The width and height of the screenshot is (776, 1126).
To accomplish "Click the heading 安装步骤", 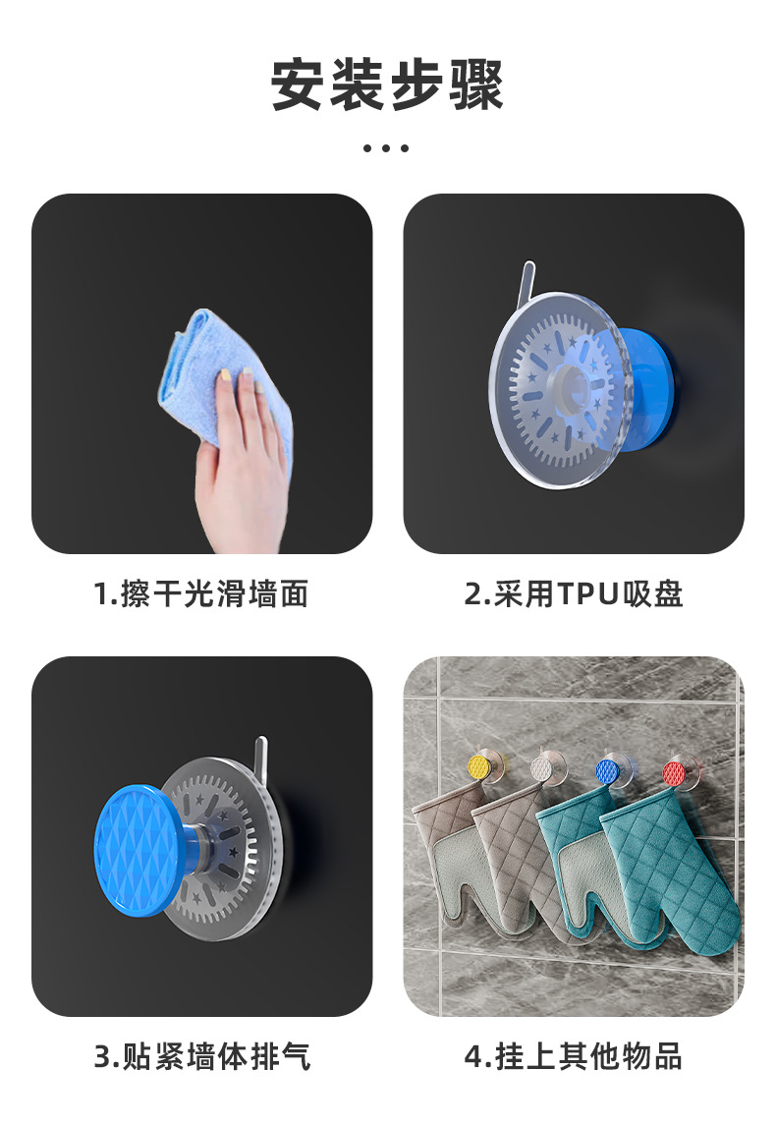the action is [x=388, y=84].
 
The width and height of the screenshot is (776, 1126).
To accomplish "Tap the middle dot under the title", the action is [x=386, y=148].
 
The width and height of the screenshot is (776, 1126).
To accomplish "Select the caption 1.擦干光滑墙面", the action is [x=201, y=594].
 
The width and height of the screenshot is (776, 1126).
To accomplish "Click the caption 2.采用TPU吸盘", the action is [x=574, y=594].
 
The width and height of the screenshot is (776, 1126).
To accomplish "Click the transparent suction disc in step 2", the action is [x=561, y=389].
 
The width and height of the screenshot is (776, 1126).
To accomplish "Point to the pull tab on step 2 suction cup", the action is [x=527, y=281].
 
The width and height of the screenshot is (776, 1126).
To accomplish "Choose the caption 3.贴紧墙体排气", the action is [x=202, y=1057].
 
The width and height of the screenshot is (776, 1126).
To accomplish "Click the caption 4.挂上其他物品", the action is [x=574, y=1057].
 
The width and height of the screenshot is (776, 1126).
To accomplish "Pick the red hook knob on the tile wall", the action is [x=674, y=772].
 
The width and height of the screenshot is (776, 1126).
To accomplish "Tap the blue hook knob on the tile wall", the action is [x=609, y=770].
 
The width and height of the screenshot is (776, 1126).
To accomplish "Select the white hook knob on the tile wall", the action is [x=543, y=768].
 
